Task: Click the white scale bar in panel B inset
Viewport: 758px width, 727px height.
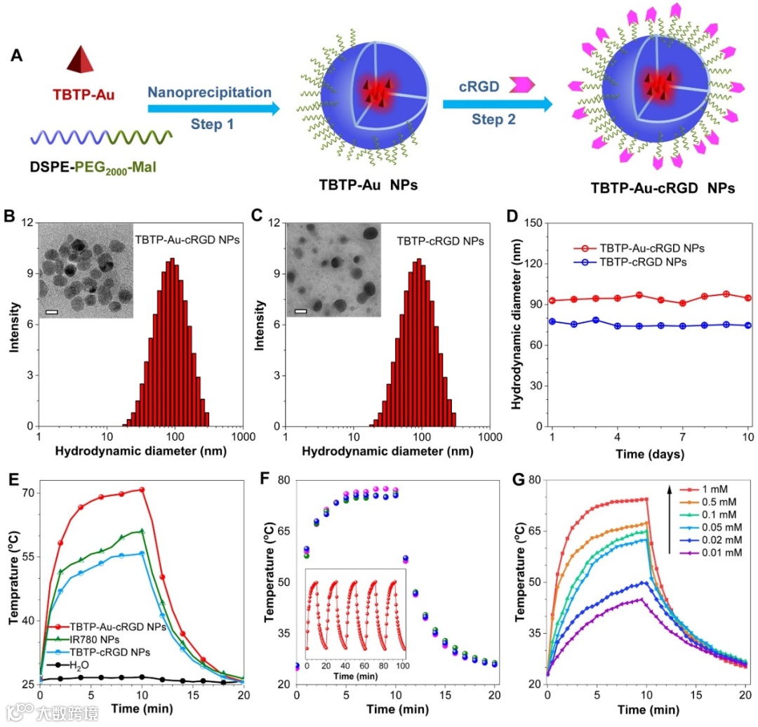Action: pos(51,310)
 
